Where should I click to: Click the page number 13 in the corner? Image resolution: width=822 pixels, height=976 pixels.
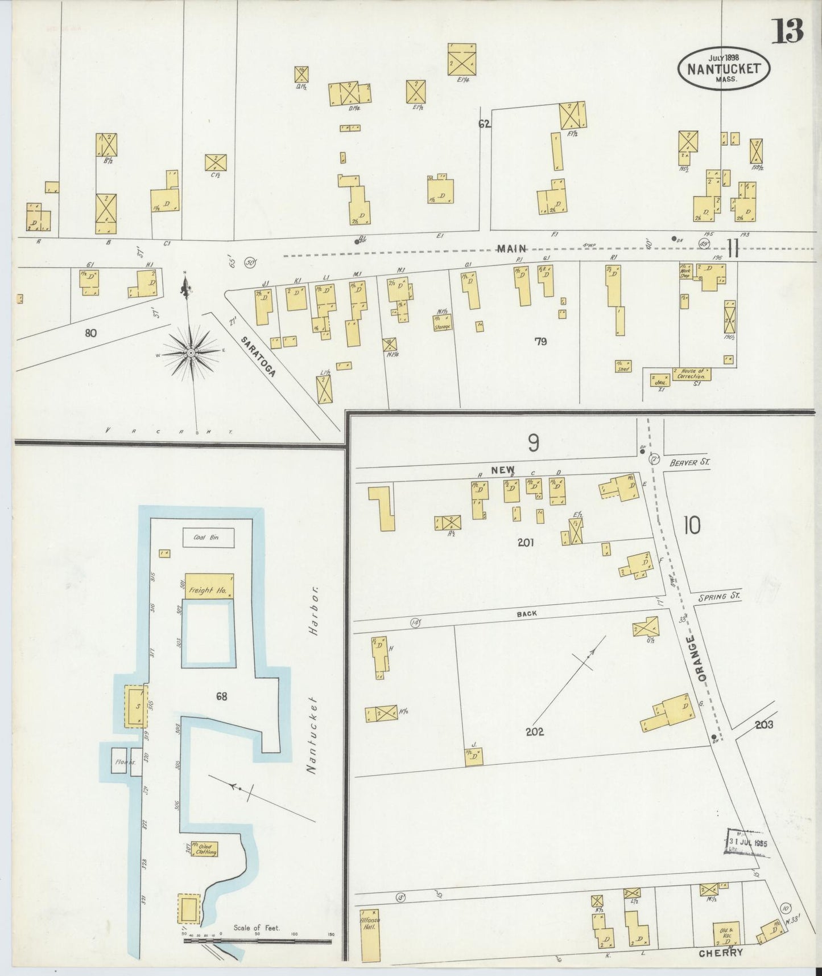click(788, 31)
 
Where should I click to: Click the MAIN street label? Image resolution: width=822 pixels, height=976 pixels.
click(510, 248)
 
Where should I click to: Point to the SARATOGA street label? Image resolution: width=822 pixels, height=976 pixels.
click(266, 357)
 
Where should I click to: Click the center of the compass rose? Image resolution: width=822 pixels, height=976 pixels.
click(191, 354)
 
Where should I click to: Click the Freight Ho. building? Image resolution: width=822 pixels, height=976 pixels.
click(208, 586)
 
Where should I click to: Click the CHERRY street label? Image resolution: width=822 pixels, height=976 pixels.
click(721, 953)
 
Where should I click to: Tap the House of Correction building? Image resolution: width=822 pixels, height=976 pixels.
click(691, 374)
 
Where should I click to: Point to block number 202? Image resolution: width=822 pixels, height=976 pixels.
click(535, 732)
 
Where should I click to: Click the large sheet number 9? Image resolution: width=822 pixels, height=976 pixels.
click(533, 443)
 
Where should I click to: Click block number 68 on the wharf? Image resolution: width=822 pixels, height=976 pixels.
click(221, 695)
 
